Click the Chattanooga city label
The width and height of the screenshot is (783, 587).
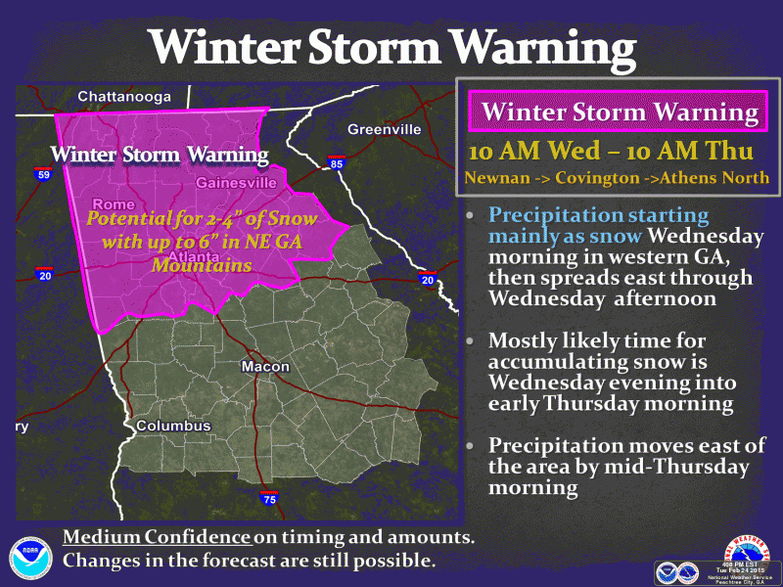(x=123, y=96)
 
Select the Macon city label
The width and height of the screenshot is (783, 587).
(x=266, y=366)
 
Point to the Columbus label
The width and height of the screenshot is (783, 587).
(x=173, y=427)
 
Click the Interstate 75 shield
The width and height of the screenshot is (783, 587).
(x=269, y=499)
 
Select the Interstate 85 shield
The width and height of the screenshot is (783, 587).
(x=336, y=163)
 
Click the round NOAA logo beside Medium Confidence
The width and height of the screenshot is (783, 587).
(x=30, y=558)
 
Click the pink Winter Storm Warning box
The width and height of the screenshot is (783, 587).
(x=620, y=112)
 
